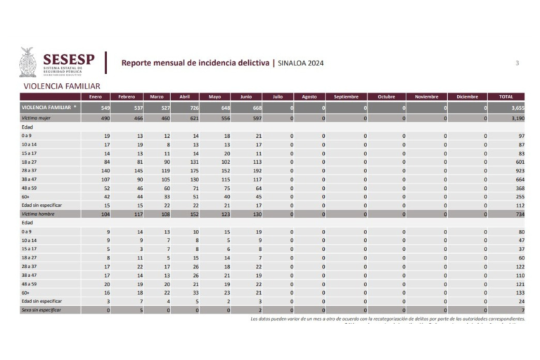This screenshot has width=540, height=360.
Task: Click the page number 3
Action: [x=517, y=63]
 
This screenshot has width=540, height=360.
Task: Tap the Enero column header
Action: [x=96, y=96]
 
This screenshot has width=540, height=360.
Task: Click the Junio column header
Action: [x=246, y=96]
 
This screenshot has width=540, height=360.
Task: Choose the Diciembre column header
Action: [x=467, y=96]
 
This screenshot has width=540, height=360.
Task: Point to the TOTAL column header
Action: [x=506, y=96]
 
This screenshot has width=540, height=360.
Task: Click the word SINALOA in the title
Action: [x=293, y=63]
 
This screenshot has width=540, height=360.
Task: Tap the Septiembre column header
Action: [x=346, y=96]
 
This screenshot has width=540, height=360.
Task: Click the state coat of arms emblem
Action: [x=27, y=63]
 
